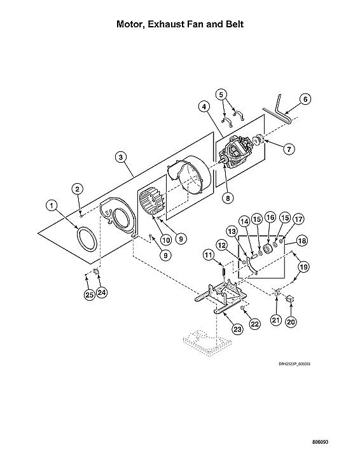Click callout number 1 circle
(51, 205)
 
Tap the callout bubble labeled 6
(305, 99)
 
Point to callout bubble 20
(291, 322)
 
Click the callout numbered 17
(299, 218)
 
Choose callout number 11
(207, 255)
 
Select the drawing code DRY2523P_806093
(298, 364)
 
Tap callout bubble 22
(254, 324)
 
